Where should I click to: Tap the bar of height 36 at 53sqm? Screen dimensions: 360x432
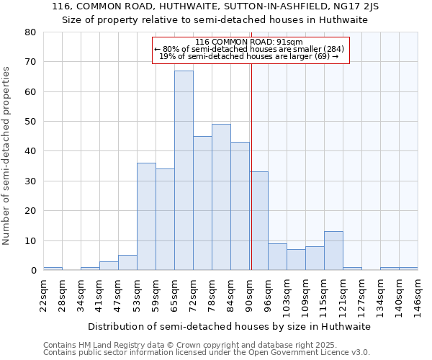pyautogui.click(x=146, y=216)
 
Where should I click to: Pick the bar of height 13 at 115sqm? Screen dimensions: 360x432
pyautogui.click(x=333, y=251)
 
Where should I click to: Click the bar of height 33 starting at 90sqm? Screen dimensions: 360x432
pyautogui.click(x=258, y=220)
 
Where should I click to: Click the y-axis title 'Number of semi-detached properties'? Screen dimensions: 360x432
pyautogui.click(x=7, y=156)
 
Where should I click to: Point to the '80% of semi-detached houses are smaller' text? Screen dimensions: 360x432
pyautogui.click(x=249, y=49)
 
